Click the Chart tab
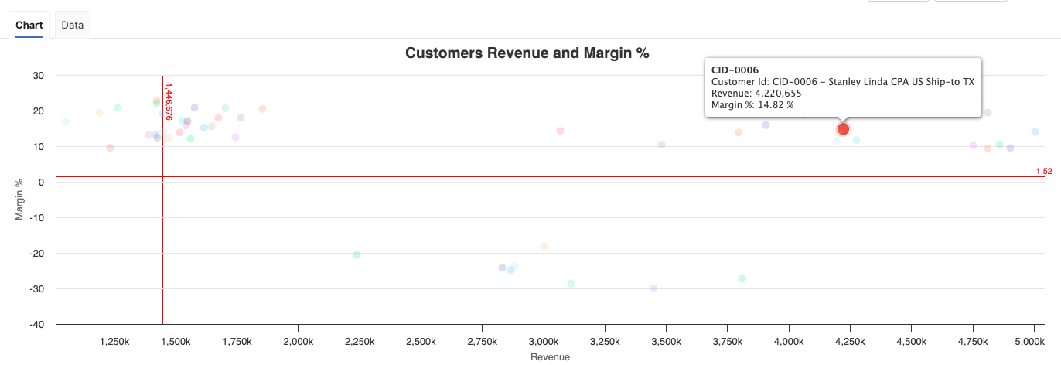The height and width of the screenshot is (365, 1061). (29, 25)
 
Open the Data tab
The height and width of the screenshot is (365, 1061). (73, 25)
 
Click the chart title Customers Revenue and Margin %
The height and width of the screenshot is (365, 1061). (527, 53)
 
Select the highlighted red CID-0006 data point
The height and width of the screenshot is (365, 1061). (843, 129)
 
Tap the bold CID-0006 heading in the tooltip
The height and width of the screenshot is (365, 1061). (735, 70)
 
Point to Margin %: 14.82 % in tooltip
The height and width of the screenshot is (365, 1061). (752, 104)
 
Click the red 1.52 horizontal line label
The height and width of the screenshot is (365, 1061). (1043, 171)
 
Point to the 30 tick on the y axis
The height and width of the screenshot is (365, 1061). (38, 76)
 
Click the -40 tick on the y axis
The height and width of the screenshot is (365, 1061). (36, 324)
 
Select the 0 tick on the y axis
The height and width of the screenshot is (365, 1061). (40, 182)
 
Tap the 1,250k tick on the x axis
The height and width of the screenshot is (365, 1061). (114, 341)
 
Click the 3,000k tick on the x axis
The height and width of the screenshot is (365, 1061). (543, 341)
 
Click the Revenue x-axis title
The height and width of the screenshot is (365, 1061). (550, 356)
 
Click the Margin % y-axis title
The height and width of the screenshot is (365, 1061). (20, 200)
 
